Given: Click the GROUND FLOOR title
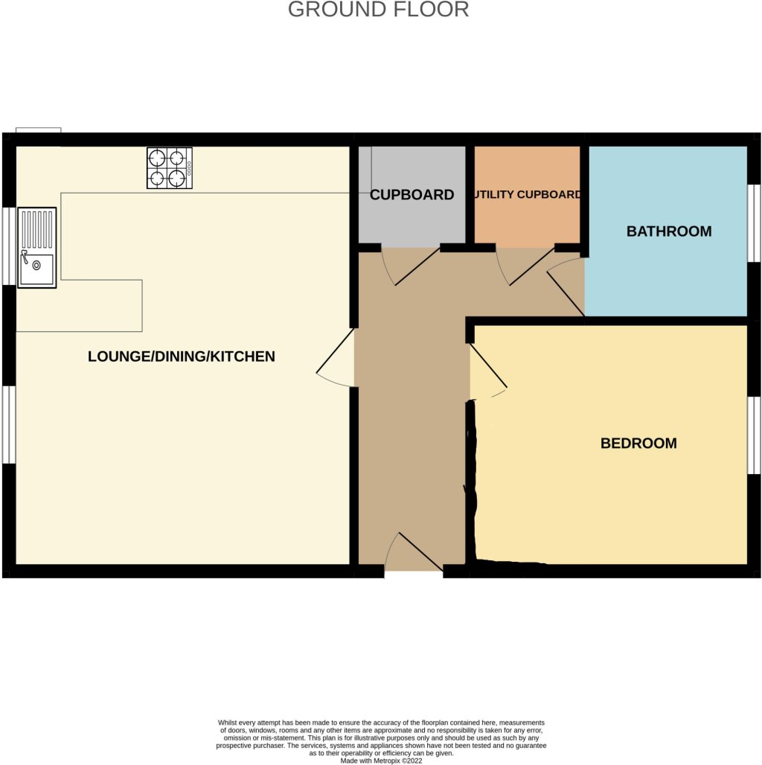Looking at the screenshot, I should [x=378, y=10].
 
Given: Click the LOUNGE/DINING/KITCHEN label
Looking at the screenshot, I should [x=182, y=356].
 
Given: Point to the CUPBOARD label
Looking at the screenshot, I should [x=412, y=195].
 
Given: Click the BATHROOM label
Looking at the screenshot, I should [x=668, y=231].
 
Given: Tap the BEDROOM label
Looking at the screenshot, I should [x=638, y=444].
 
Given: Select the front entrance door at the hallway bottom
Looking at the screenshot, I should [x=413, y=554].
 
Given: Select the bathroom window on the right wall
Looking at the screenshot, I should [x=754, y=223].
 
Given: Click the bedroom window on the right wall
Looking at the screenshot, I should [x=754, y=435].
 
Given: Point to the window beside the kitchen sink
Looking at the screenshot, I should [x=7, y=246].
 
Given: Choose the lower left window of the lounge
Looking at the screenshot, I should [x=7, y=425].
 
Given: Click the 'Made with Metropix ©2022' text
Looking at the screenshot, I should [x=381, y=761].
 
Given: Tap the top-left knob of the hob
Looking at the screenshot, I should [x=158, y=158].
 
